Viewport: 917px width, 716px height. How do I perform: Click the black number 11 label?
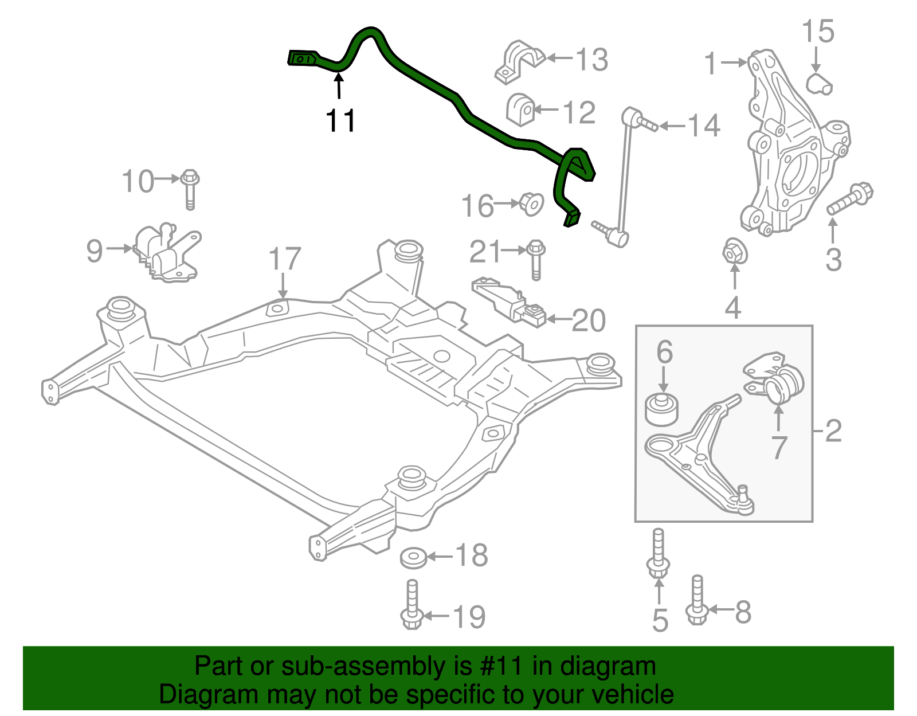pyautogui.click(x=340, y=121)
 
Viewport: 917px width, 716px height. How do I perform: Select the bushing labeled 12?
pyautogui.click(x=520, y=109)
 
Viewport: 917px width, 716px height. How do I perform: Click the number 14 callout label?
pyautogui.click(x=703, y=126)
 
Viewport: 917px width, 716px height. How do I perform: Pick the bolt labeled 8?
pyautogui.click(x=696, y=601)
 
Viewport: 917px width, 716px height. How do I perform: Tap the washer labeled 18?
pyautogui.click(x=413, y=557)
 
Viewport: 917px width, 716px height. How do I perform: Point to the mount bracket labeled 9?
pyautogui.click(x=167, y=253)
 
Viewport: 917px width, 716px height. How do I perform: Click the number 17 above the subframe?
pyautogui.click(x=285, y=259)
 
